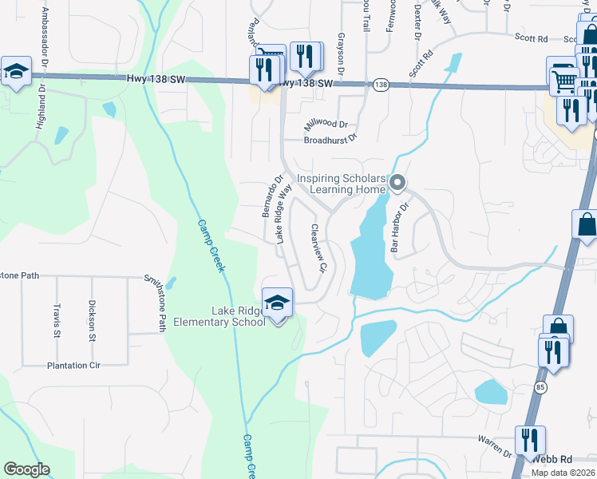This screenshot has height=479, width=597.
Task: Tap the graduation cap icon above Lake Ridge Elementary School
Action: click(277, 303)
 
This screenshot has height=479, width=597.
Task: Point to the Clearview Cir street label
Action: click(319, 249)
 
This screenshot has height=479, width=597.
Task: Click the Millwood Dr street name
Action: click(326, 124)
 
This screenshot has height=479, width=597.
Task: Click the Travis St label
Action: click(57, 319)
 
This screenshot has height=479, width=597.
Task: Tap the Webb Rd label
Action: click(552, 460)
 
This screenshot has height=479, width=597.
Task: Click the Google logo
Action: click(26, 469)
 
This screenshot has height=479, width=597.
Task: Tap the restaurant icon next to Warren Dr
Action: click(529, 440)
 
